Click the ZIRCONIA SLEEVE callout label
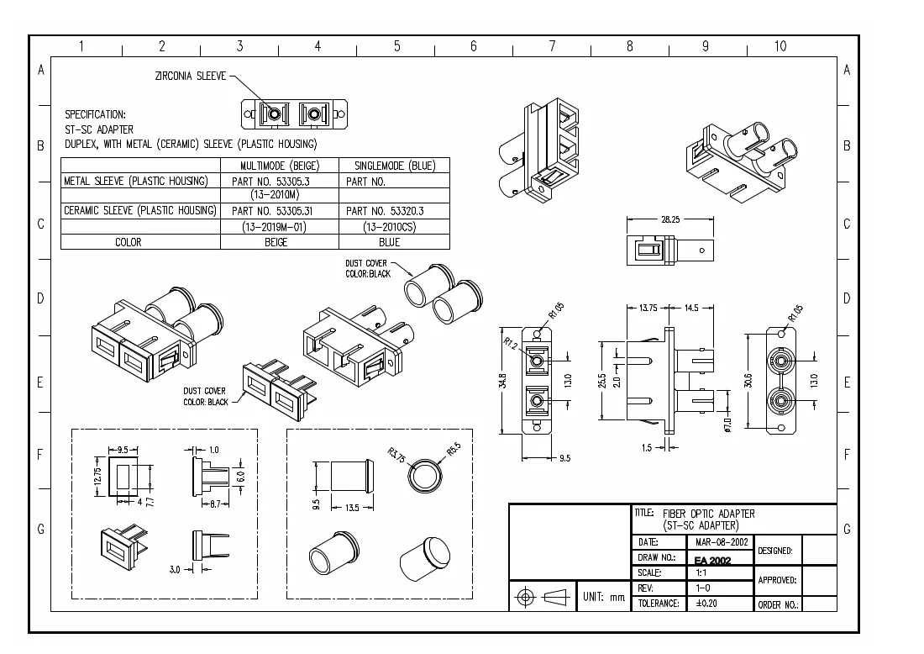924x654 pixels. click(191, 76)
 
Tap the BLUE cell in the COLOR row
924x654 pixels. click(390, 242)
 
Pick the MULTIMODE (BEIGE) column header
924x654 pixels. click(280, 166)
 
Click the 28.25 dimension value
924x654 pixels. click(670, 219)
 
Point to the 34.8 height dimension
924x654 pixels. click(502, 380)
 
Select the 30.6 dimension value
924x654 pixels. click(748, 381)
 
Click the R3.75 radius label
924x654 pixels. click(396, 456)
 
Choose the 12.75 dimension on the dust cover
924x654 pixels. click(97, 475)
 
